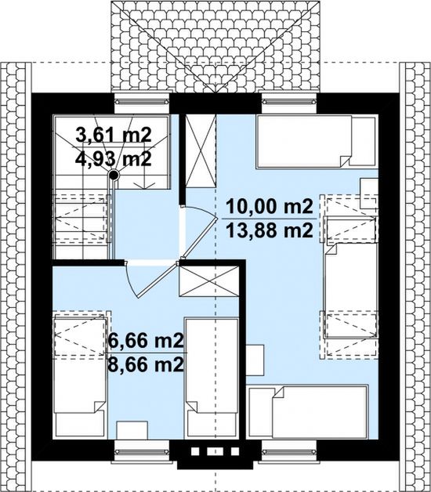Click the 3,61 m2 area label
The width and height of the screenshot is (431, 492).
[114, 135]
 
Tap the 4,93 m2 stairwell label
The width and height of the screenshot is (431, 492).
[114, 158]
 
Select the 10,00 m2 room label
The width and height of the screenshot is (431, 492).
[269, 207]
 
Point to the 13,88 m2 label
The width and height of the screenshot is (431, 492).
[269, 230]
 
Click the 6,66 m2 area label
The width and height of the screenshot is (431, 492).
[146, 341]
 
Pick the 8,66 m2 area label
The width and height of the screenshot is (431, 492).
[146, 364]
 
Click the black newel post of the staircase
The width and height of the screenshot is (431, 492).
[114, 175]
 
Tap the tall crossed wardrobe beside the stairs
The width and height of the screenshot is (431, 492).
[201, 150]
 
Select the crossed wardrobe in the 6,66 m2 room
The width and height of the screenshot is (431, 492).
[208, 280]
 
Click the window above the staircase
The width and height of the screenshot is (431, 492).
[142, 102]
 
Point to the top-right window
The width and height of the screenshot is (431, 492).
[289, 102]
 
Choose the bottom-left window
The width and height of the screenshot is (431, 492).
[142, 451]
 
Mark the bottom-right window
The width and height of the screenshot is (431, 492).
[289, 451]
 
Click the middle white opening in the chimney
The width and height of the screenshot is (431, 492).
[215, 451]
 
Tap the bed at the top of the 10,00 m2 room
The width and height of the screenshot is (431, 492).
[317, 142]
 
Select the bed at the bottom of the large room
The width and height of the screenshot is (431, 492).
[308, 411]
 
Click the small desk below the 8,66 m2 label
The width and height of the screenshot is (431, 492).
[132, 429]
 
